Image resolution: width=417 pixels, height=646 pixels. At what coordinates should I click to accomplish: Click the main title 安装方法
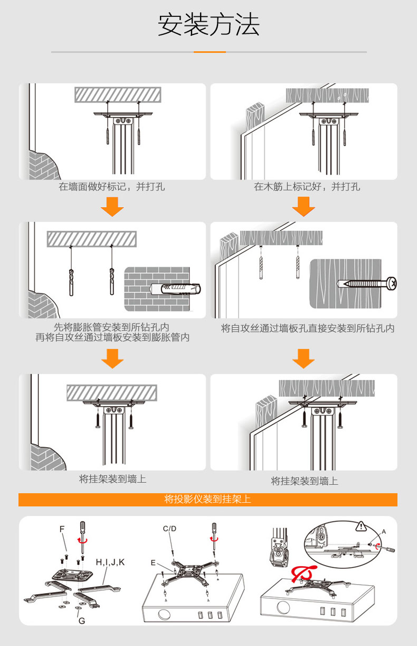[x=209, y=24]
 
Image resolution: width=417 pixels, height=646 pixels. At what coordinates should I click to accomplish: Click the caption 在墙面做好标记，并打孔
[x=112, y=187]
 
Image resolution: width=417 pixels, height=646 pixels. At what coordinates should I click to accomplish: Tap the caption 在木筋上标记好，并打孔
[x=307, y=187]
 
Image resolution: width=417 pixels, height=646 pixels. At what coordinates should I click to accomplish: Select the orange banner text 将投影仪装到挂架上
[x=207, y=499]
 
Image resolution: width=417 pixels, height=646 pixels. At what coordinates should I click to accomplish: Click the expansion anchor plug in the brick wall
[x=176, y=289]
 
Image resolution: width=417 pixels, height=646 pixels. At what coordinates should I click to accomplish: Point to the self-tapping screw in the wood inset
[x=367, y=283]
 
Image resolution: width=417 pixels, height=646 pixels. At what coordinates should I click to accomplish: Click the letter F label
[x=62, y=529]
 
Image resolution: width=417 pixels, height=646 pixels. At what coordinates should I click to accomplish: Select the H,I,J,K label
[x=110, y=562]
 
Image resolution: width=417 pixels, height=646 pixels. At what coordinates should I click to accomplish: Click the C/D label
[x=169, y=529]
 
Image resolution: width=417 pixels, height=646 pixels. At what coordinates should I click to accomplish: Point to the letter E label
[x=153, y=562]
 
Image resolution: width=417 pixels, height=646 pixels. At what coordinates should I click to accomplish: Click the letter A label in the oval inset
[x=384, y=532]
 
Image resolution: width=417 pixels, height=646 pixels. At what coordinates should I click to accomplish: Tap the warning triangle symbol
[x=361, y=527]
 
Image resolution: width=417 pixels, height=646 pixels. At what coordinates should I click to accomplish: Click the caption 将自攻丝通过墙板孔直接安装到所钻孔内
[x=308, y=328]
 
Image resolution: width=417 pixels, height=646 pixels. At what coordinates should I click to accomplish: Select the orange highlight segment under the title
[x=210, y=52]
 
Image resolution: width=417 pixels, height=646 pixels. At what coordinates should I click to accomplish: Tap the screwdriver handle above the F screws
[x=82, y=527]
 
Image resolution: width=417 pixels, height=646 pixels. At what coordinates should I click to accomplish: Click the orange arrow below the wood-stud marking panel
[x=304, y=207]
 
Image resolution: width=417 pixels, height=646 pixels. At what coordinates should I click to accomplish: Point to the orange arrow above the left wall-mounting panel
[x=112, y=358]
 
